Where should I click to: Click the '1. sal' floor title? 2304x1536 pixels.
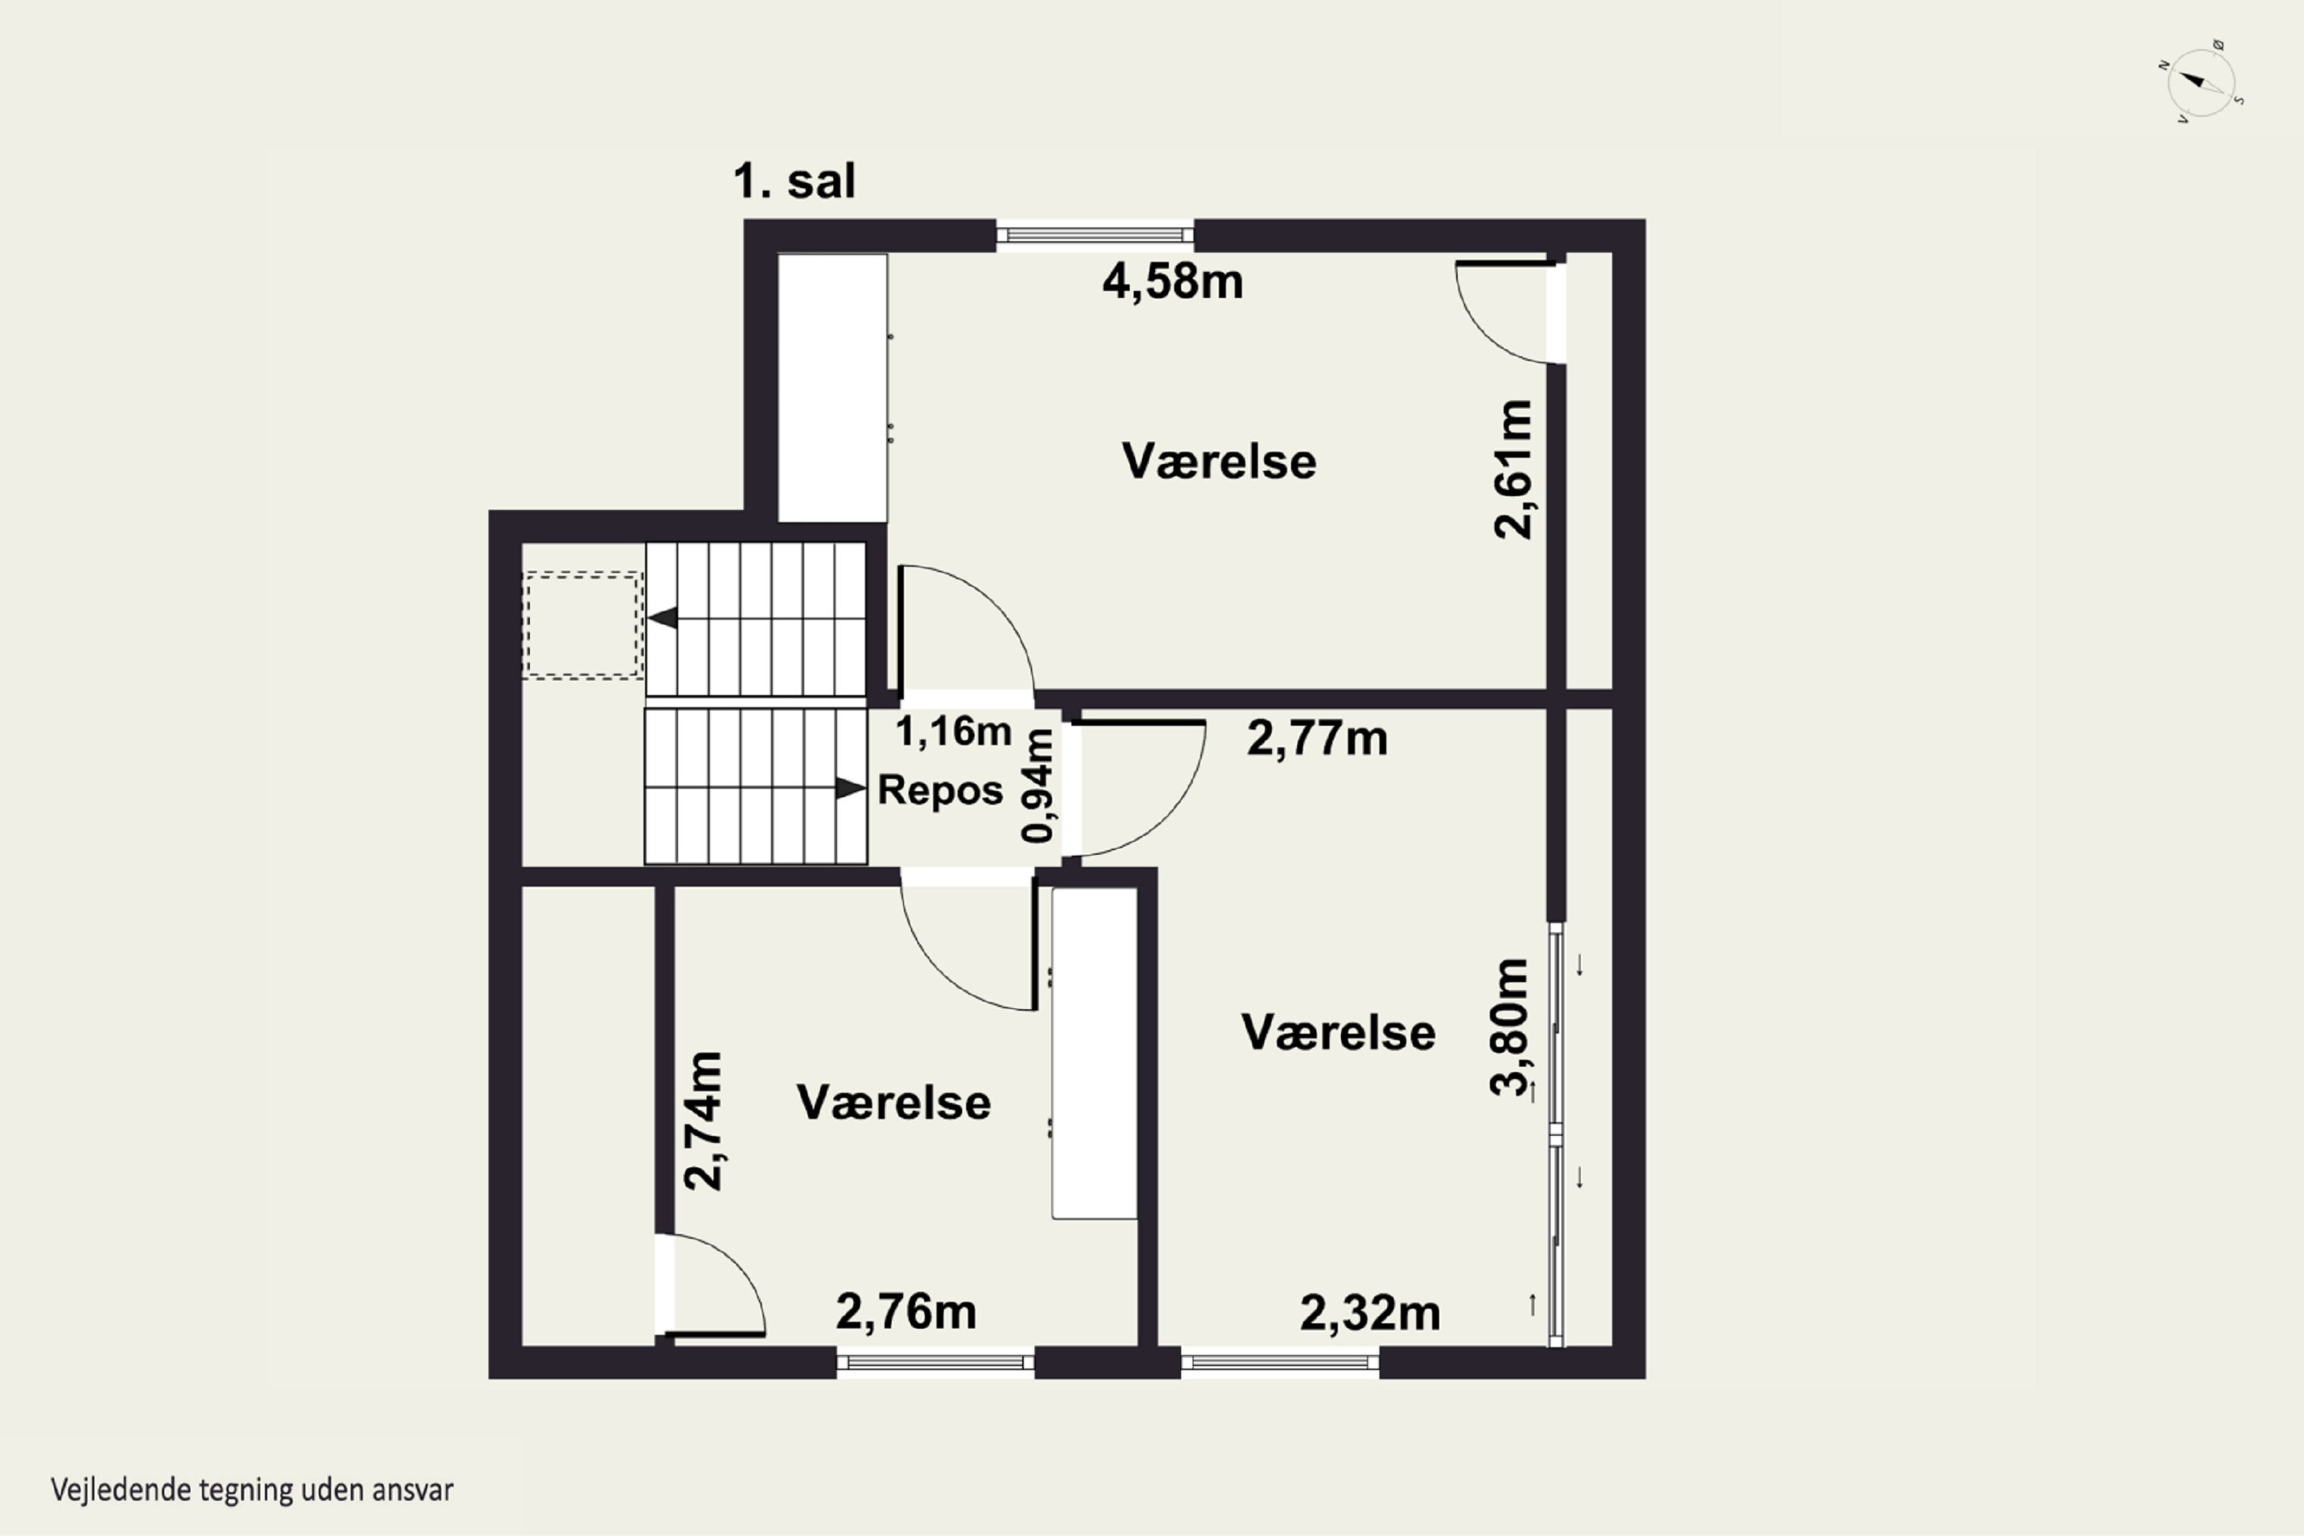pos(794,181)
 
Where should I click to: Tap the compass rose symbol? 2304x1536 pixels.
pos(2201,83)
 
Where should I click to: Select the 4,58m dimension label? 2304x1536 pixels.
pos(1173,282)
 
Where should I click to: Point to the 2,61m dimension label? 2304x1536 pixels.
pos(1512,468)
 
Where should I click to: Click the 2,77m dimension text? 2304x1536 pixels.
pos(1316,739)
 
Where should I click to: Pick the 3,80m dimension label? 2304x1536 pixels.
pos(1508,1027)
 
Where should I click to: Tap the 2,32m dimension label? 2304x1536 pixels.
pos(1369,1313)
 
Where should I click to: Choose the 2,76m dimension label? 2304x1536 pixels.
pos(905,1312)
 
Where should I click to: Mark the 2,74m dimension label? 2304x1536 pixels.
pos(703,1121)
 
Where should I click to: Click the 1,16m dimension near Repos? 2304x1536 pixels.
pos(953,731)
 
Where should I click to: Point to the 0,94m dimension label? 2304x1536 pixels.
pos(1038,786)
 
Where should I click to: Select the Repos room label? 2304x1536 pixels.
pos(940,790)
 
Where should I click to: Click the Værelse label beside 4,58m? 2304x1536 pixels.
pos(1219,462)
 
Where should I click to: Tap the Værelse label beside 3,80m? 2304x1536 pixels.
pos(1338,1032)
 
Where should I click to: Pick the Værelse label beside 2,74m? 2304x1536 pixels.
pos(893,1103)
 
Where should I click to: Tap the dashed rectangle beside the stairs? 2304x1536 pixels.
pos(583,626)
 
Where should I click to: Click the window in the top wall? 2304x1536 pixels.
pos(1095,235)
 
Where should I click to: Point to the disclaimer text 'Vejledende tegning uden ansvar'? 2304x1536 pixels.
pos(252,1491)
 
